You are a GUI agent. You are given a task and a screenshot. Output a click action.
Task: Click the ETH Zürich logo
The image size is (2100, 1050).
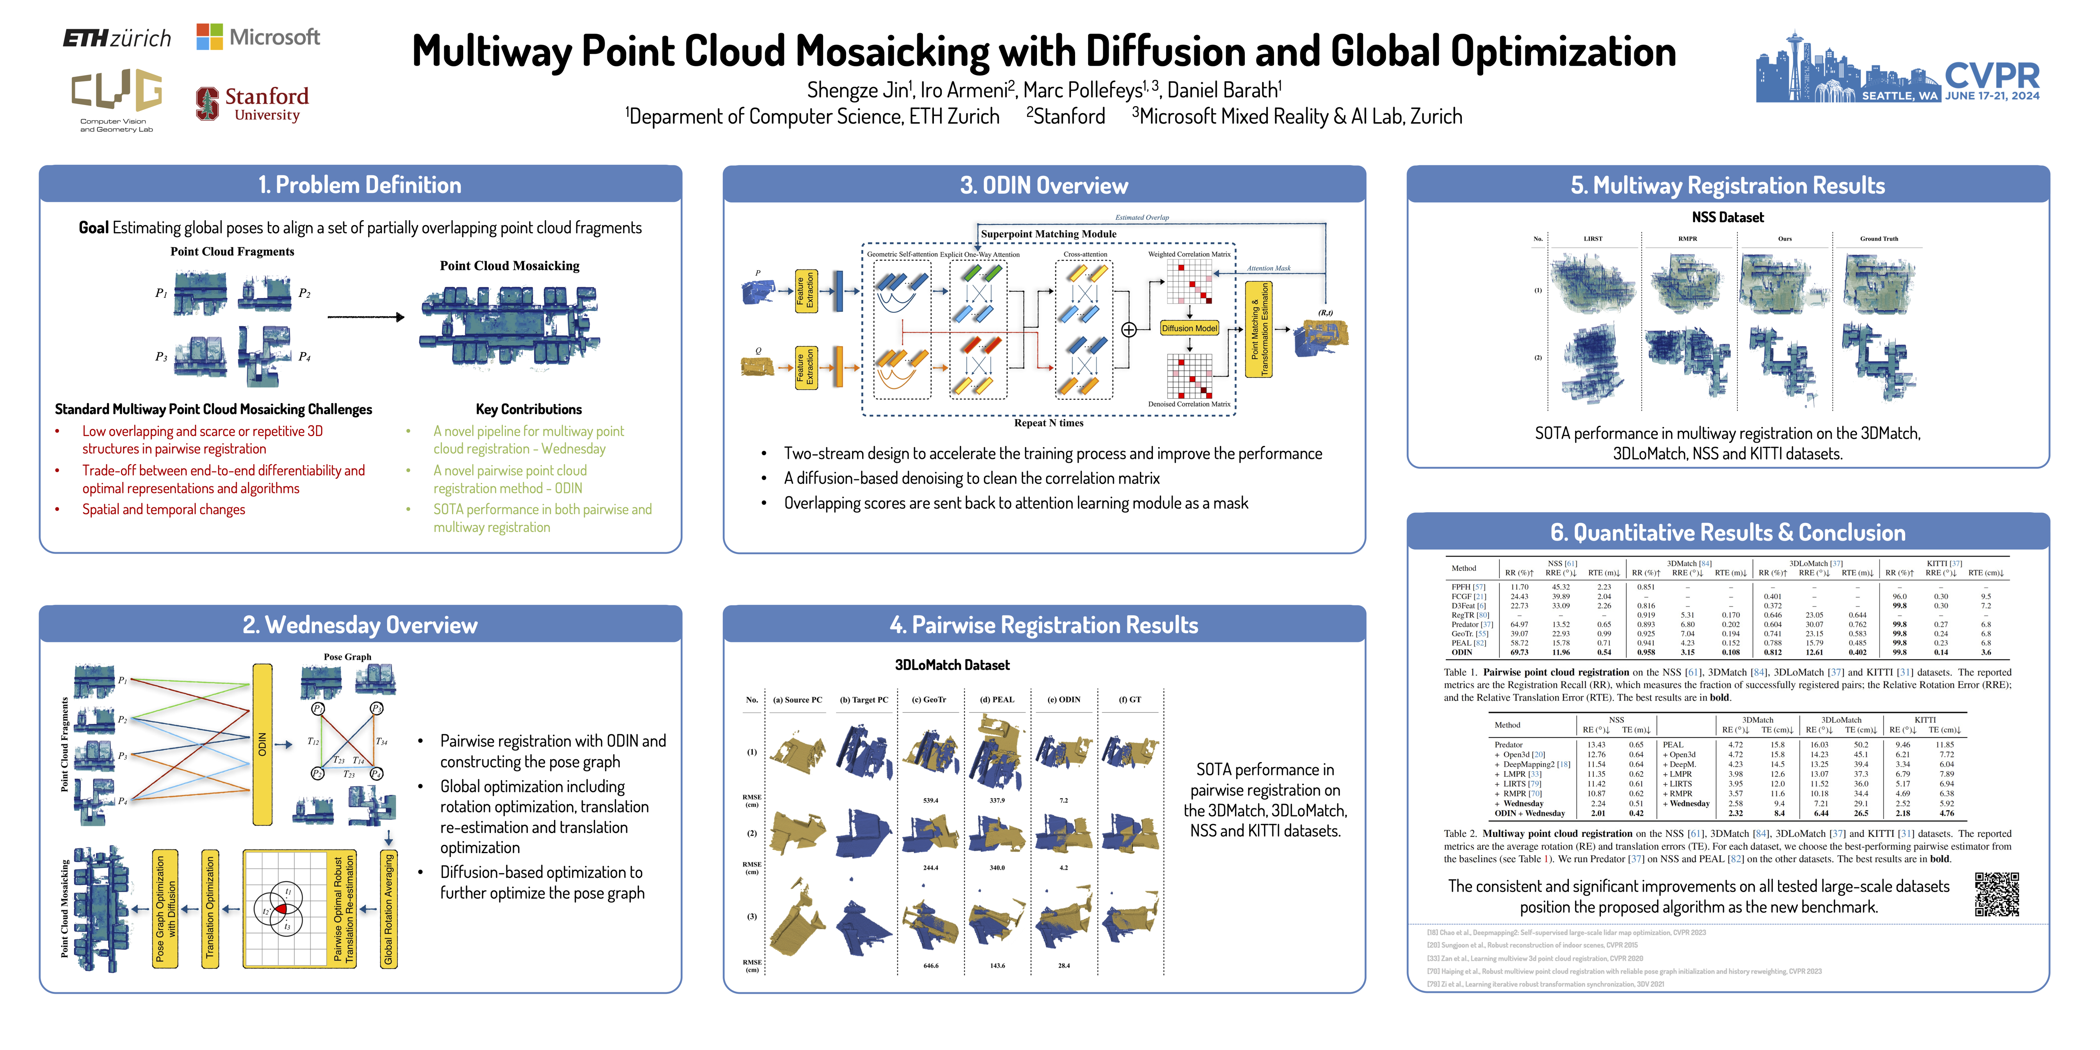[116, 37]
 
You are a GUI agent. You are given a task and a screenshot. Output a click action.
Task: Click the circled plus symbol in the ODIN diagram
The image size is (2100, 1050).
[1128, 329]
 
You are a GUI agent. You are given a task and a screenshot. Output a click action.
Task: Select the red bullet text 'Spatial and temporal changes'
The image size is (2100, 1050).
[163, 509]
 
